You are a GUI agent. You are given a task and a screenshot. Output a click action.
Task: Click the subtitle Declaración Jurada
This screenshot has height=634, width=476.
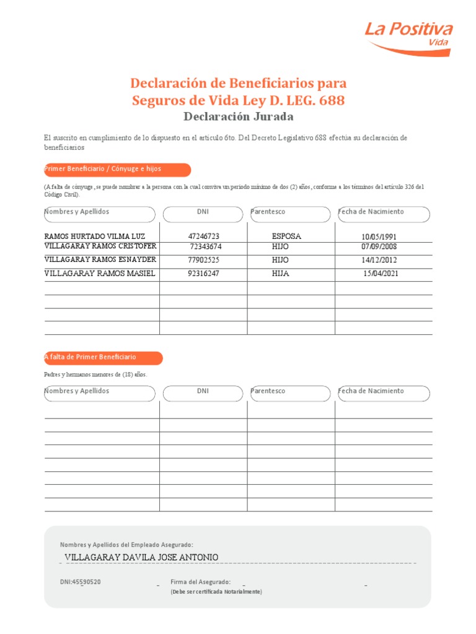point(239,116)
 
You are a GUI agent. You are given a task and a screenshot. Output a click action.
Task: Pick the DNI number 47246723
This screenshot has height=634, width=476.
point(204,237)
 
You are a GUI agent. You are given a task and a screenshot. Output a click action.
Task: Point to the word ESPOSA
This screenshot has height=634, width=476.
point(286,237)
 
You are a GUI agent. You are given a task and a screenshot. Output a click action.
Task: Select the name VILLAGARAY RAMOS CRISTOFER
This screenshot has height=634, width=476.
point(100,246)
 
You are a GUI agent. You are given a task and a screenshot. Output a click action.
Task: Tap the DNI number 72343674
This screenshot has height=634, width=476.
point(206,246)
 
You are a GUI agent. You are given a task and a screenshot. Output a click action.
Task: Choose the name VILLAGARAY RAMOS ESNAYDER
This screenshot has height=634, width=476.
point(100,260)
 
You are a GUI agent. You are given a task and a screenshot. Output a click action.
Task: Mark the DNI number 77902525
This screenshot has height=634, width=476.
point(204,260)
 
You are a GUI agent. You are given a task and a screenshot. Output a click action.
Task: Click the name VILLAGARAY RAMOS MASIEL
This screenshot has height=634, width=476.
point(100,273)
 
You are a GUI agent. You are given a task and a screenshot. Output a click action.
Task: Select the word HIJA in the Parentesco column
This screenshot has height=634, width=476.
point(280,273)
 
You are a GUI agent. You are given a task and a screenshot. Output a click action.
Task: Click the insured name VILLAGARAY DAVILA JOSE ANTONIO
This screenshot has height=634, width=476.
point(141,557)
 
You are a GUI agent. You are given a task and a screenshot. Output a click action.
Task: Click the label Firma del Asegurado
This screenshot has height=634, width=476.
point(200,582)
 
